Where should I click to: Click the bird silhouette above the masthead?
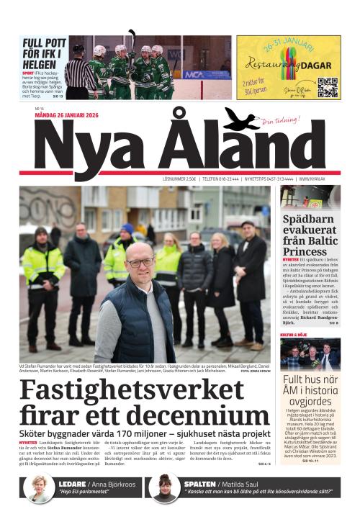click(241, 120)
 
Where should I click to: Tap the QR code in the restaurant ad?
click(328, 86)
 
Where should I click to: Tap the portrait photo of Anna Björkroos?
click(38, 490)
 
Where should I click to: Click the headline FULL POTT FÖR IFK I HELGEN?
click(44, 54)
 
